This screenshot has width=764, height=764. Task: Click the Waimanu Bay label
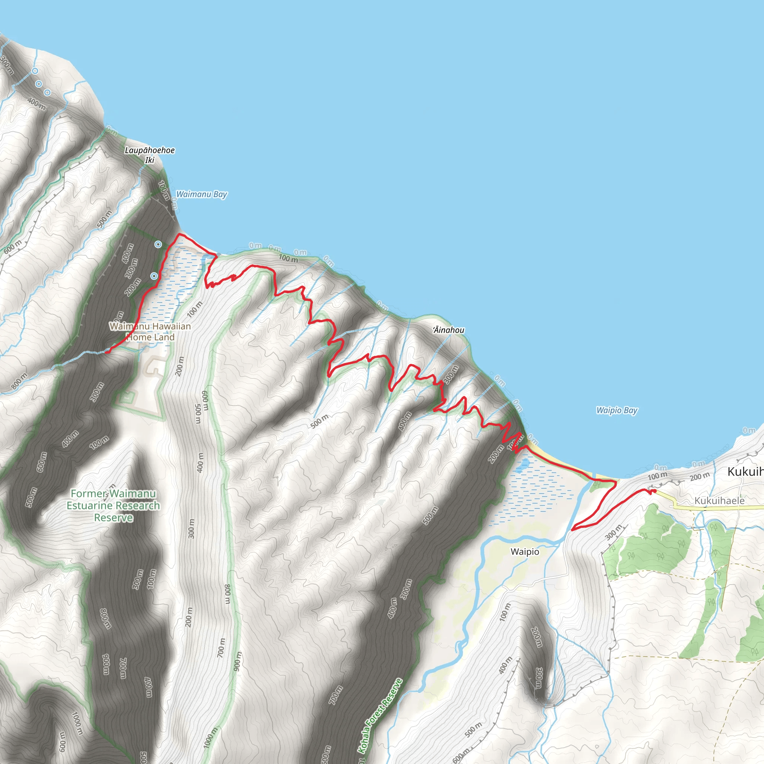(x=201, y=194)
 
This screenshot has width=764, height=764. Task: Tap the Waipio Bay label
(x=617, y=410)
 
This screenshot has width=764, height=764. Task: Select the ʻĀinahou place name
(x=448, y=330)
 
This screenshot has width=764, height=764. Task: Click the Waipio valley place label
(x=525, y=552)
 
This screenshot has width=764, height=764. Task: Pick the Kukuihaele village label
(x=719, y=501)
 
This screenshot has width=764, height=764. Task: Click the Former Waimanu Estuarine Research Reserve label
(x=113, y=505)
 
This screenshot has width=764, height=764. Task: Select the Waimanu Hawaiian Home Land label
(x=150, y=332)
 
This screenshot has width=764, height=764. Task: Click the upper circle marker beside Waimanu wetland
(x=158, y=244)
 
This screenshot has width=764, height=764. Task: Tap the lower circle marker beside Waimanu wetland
(x=154, y=276)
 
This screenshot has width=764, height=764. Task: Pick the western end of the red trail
(x=106, y=351)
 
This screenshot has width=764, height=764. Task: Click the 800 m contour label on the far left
(x=19, y=381)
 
